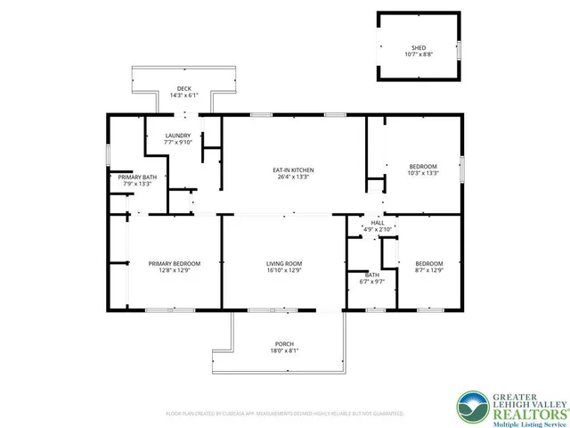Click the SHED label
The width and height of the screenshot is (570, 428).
pos(418,47)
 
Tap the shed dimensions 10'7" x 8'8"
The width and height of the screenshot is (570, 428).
pos(418,54)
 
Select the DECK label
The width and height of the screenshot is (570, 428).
pos(183,88)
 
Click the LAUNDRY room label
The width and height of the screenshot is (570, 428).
pos(177,135)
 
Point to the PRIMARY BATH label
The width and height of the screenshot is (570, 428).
pos(138,177)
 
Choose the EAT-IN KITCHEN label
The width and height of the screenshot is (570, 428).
pos(293,170)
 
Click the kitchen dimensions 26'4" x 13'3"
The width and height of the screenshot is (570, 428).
pos(293,177)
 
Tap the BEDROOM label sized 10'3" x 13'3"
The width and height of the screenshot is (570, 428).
pos(423,167)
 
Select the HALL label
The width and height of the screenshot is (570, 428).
pos(378,223)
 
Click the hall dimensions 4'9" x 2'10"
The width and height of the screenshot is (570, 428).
pos(378,230)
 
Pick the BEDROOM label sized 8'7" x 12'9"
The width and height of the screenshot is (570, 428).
pos(429,263)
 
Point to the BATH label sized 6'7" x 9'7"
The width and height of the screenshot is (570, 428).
pos(371,275)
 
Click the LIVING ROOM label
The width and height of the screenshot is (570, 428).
pos(284,263)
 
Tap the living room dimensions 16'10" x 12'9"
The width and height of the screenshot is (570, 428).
pos(284,270)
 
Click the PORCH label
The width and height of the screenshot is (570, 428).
pos(284,344)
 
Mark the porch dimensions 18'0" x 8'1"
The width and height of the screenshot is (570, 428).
pos(284,351)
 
